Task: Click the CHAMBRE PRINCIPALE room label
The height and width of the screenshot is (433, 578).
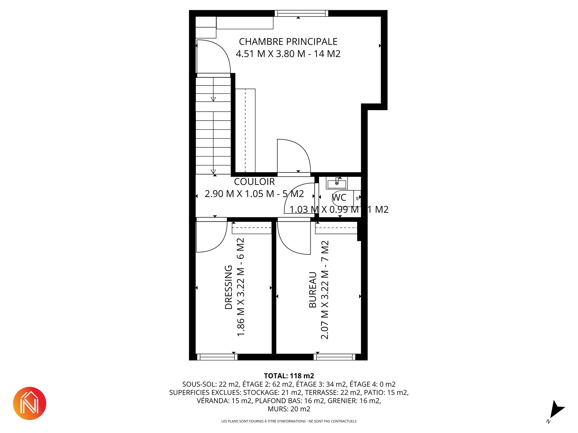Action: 288,41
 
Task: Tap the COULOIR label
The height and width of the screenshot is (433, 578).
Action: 254,182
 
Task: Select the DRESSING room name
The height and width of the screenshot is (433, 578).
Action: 229,287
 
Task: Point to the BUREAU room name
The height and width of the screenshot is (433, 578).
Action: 313,290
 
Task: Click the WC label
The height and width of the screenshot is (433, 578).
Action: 339,198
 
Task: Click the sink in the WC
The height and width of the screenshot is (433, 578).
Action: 337,183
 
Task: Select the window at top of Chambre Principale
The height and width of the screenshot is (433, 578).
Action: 301,13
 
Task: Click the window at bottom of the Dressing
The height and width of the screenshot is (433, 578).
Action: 217,357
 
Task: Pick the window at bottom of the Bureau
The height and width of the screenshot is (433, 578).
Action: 334,357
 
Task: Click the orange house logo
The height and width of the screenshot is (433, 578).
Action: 30,403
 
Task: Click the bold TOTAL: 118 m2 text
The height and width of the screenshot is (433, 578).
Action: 289,376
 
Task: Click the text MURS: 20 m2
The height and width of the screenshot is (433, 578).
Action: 289,409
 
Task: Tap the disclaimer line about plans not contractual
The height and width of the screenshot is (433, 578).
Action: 289,421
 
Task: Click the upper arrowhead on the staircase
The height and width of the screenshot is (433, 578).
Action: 213,99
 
